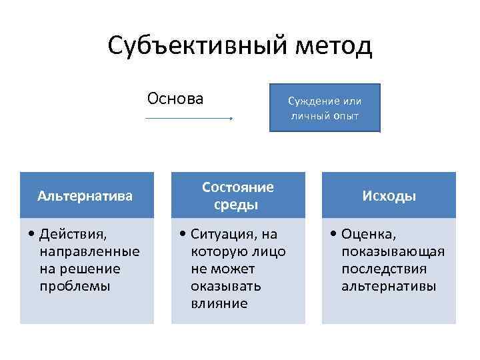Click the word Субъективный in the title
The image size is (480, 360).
[x=190, y=46]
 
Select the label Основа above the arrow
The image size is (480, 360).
[x=175, y=99]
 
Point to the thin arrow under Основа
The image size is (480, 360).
[x=189, y=119]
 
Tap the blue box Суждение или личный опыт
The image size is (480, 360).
[x=325, y=108]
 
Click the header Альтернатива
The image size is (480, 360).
[x=85, y=196]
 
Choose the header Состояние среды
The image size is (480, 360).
[x=238, y=195]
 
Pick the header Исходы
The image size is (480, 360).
[x=389, y=196]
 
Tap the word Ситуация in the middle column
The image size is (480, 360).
[x=225, y=234]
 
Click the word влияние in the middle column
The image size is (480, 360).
[x=219, y=303]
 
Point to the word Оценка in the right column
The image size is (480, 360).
[x=370, y=234]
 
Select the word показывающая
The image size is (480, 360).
[x=393, y=251]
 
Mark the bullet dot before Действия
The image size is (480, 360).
[x=33, y=235]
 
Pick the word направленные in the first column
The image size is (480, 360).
[x=89, y=251]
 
